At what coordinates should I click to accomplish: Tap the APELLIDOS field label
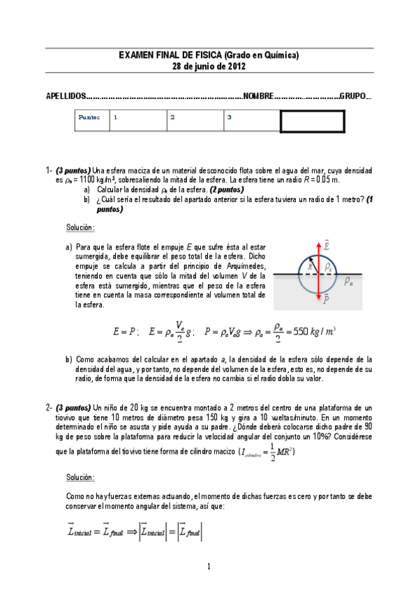click(66, 95)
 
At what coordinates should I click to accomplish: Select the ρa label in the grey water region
click(349, 280)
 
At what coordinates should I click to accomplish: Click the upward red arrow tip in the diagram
click(319, 243)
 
